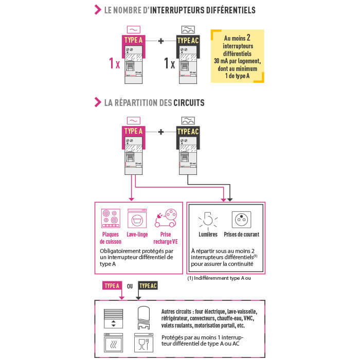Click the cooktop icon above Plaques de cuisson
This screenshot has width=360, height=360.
click(x=110, y=218)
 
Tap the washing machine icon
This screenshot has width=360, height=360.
click(x=137, y=218)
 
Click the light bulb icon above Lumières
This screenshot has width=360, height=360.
click(x=208, y=220)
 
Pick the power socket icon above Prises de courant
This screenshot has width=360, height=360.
click(x=241, y=220)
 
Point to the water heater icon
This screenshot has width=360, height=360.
click(x=143, y=317)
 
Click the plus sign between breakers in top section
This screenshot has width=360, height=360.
click(x=161, y=41)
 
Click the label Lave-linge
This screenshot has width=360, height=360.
click(x=137, y=235)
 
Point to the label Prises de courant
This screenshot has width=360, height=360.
click(x=241, y=235)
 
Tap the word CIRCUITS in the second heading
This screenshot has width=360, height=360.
click(x=189, y=103)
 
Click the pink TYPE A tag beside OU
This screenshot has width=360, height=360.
click(x=112, y=285)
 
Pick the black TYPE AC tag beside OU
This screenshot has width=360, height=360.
click(x=148, y=285)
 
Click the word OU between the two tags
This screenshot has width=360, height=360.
click(x=130, y=285)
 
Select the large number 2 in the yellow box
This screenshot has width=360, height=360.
click(x=248, y=38)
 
